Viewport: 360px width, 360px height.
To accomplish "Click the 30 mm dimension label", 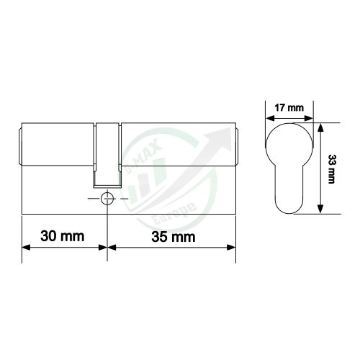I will tap(60, 235).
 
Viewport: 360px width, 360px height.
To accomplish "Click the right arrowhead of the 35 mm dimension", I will tap(232, 248).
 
